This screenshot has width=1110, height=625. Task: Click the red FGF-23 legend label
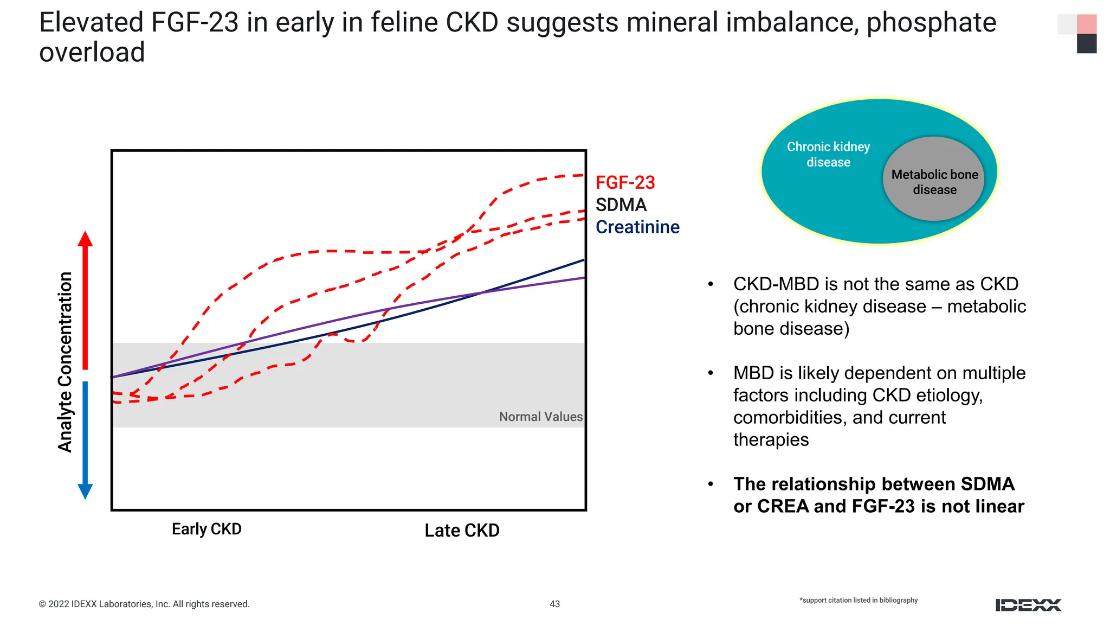point(625,183)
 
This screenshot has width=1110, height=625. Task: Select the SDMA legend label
point(621,205)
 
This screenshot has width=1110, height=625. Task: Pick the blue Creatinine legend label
point(637,227)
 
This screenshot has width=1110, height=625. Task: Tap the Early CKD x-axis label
point(206,529)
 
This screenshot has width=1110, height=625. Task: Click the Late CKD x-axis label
point(462,531)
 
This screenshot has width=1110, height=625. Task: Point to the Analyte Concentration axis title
point(66,362)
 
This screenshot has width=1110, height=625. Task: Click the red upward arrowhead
point(85,239)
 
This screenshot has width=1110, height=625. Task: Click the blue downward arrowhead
point(85,490)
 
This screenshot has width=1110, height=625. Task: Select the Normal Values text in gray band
point(540,417)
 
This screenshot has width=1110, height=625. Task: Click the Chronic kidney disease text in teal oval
point(828,155)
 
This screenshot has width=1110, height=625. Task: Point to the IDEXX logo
point(1028,605)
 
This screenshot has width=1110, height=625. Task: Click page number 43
point(554,604)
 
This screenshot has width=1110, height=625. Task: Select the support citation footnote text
point(859,600)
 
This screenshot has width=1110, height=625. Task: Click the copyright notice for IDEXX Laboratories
point(144,604)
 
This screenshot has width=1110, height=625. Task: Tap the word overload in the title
point(92,53)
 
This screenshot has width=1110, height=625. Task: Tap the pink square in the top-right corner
point(1087,24)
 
